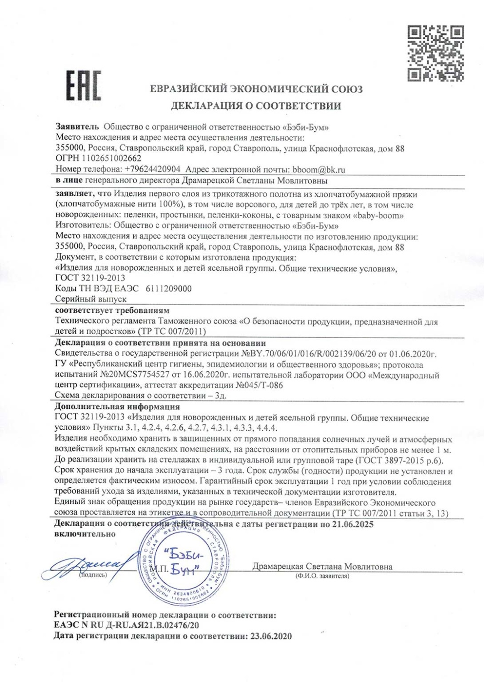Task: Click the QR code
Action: click(435, 54)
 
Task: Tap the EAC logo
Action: click(84, 85)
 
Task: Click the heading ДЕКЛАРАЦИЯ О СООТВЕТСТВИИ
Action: click(256, 106)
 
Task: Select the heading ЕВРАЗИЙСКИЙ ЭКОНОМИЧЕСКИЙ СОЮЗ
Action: click(256, 89)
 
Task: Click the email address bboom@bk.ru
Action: click(319, 170)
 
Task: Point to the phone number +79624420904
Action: click(152, 169)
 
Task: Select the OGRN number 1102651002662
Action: click(111, 158)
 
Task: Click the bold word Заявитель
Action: click(77, 127)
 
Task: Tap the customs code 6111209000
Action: click(169, 288)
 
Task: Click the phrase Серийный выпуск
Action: click(91, 299)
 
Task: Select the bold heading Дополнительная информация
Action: click(117, 406)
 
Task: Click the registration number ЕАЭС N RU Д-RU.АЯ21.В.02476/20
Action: click(126, 625)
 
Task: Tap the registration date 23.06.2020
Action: click(271, 636)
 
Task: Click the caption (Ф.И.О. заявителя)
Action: click(322, 576)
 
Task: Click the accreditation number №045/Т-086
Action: click(259, 385)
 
